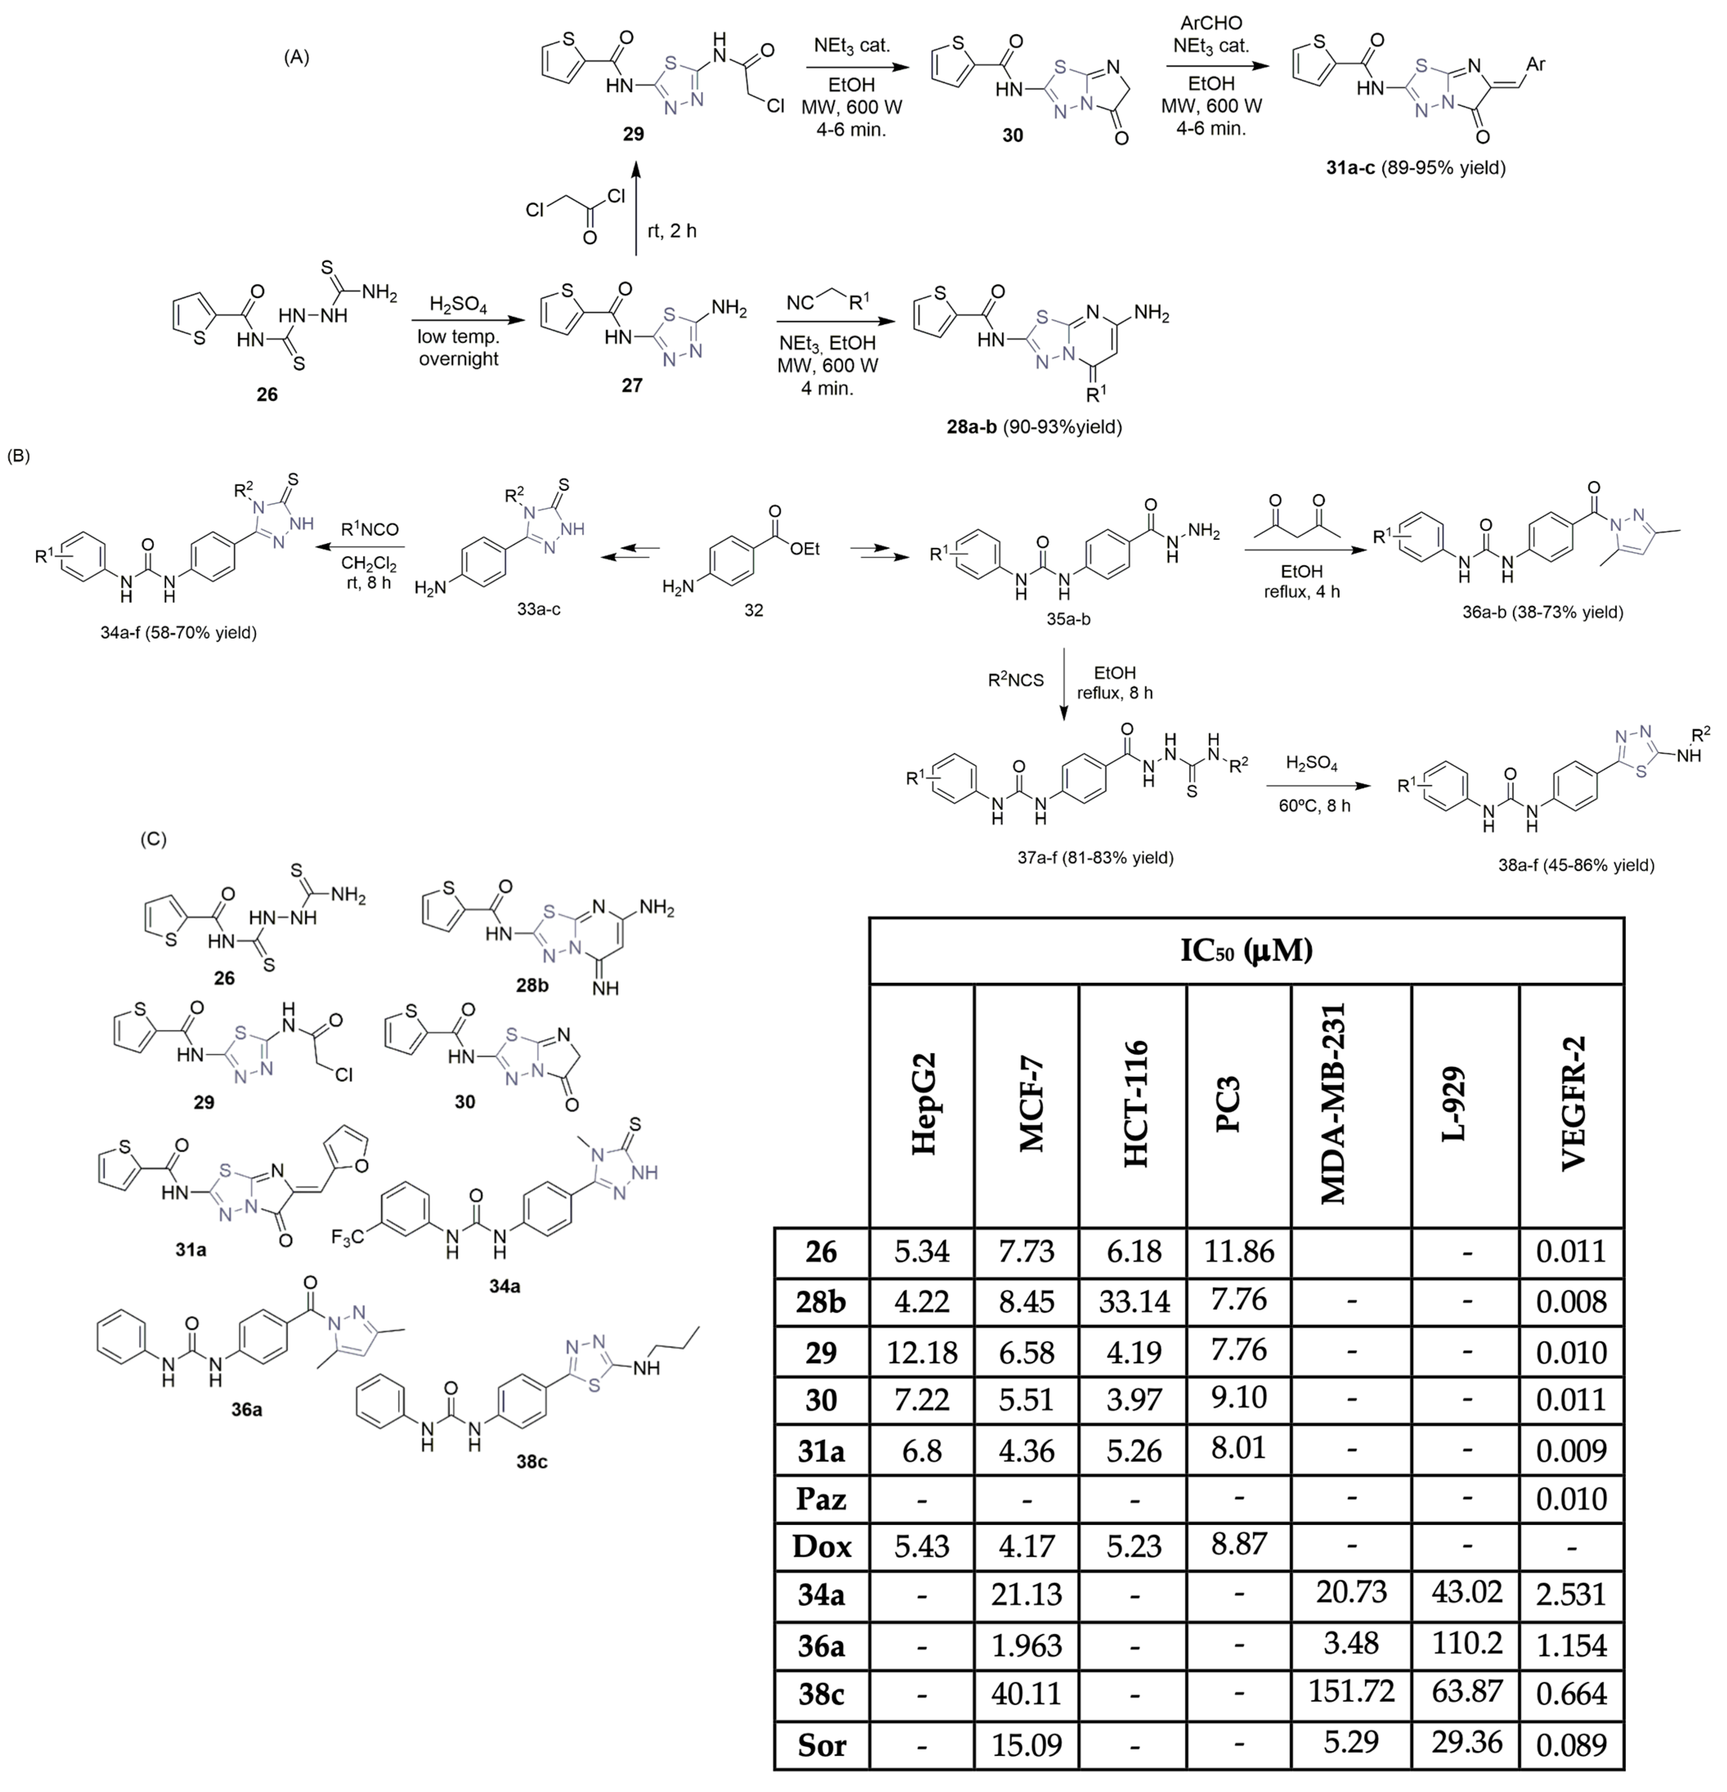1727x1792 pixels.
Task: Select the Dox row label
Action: click(821, 1546)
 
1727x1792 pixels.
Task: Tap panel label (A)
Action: click(297, 57)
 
